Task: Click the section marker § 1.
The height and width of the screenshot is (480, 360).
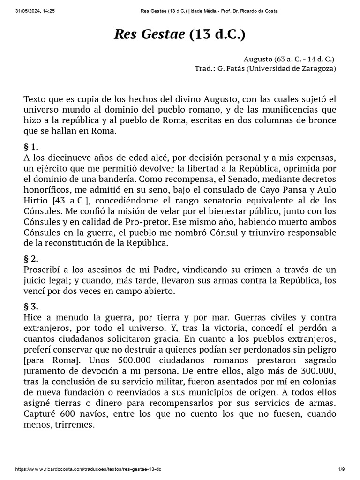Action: (x=30, y=147)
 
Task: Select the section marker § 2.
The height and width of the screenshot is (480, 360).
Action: (x=31, y=258)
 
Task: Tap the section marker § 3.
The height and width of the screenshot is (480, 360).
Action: (x=31, y=307)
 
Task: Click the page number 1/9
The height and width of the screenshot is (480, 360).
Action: (x=341, y=469)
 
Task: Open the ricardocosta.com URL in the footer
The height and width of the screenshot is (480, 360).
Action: (x=89, y=469)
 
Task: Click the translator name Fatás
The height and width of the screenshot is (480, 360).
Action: (x=232, y=69)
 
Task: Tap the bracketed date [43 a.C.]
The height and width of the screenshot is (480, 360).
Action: (x=68, y=201)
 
